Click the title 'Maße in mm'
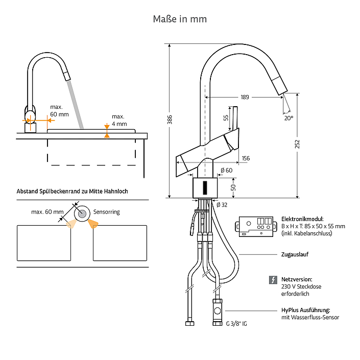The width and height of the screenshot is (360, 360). [x=180, y=19]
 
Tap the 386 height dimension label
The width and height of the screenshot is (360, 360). [x=170, y=119]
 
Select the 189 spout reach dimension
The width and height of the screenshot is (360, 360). [x=245, y=97]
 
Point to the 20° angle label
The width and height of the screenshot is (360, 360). [x=289, y=118]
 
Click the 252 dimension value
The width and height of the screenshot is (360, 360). [x=297, y=144]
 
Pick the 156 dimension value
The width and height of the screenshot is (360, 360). [x=246, y=158]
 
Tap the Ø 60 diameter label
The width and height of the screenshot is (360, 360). [x=226, y=171]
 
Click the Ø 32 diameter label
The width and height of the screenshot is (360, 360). [x=222, y=205]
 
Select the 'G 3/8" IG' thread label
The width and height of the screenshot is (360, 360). [x=236, y=324]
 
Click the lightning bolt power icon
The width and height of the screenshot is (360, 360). [x=273, y=280]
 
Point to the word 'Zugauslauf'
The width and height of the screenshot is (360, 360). [x=295, y=254]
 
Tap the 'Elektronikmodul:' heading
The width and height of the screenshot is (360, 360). [x=302, y=219]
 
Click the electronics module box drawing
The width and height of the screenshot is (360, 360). [x=256, y=226]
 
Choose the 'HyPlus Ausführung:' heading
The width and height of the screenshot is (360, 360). [x=305, y=310]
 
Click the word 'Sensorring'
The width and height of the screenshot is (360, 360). [x=107, y=212]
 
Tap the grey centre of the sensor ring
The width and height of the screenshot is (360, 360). [x=82, y=214]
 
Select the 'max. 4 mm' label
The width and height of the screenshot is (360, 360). [x=119, y=120]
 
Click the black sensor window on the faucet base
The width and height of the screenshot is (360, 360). [x=205, y=188]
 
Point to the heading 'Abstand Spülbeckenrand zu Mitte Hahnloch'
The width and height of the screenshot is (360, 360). [x=72, y=191]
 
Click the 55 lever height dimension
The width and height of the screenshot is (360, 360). [x=226, y=118]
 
